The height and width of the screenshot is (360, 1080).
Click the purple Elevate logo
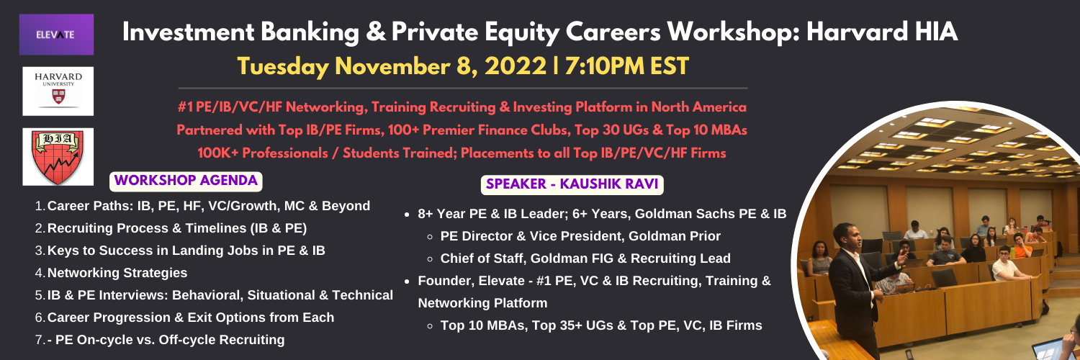pyautogui.click(x=56, y=35)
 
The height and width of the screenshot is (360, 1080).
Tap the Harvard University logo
pyautogui.click(x=58, y=91)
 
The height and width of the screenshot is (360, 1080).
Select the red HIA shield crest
pyautogui.click(x=58, y=157)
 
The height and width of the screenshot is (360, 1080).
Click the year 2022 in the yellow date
pyautogui.click(x=516, y=66)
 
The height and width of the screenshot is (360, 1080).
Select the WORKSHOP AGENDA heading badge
pyautogui.click(x=186, y=181)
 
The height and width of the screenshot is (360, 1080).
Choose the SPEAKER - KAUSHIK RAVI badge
pyautogui.click(x=572, y=184)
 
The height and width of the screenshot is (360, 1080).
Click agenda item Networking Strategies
pyautogui.click(x=117, y=273)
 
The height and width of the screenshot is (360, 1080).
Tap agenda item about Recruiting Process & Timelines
pyautogui.click(x=177, y=228)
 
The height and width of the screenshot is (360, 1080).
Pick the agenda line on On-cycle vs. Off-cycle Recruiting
pyautogui.click(x=166, y=340)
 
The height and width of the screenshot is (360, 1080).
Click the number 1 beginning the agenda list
pyautogui.click(x=39, y=206)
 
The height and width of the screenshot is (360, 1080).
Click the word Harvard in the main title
pyautogui.click(x=858, y=32)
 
